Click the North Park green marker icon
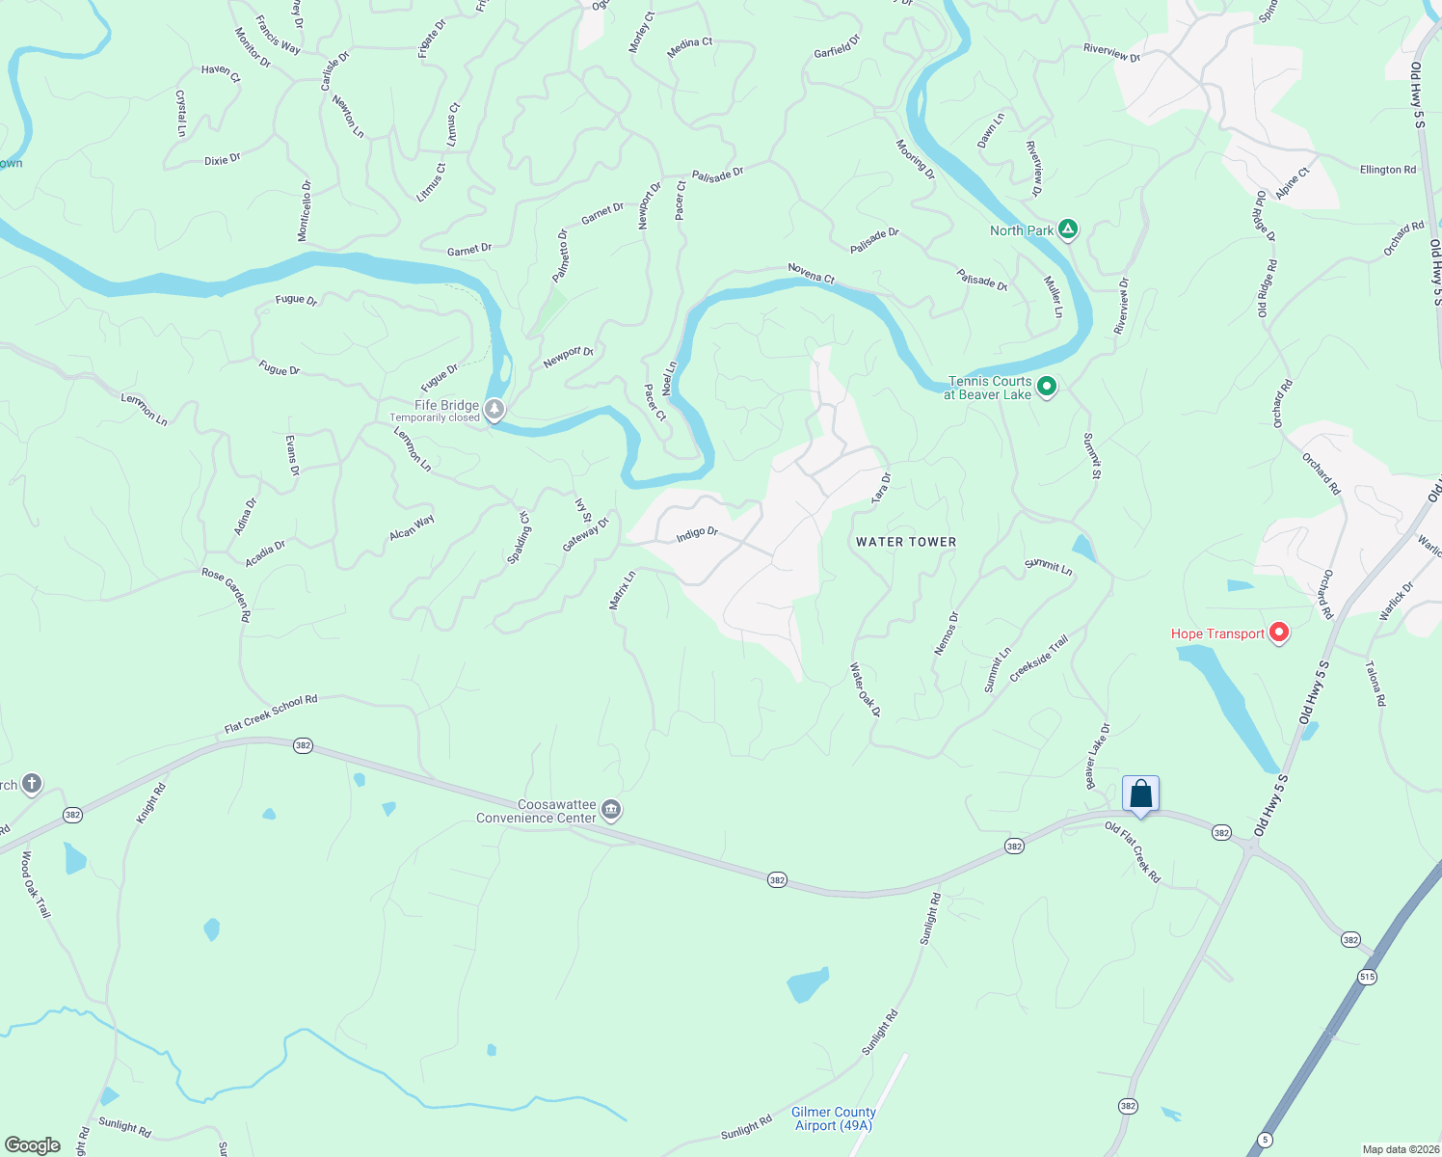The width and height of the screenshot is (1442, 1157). coord(1067,229)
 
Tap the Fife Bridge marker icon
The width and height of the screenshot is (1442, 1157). coord(494,410)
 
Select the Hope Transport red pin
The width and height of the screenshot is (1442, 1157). coord(1279,633)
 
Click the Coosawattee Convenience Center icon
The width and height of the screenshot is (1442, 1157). coord(611,810)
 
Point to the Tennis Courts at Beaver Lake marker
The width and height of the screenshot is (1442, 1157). coord(1047,388)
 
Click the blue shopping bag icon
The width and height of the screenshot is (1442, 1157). coord(1140,794)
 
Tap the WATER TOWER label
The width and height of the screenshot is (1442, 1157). coord(906,542)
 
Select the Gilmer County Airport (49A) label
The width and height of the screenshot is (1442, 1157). coord(833,1118)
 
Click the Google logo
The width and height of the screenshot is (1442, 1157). coord(32,1145)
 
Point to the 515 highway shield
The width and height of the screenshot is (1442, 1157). coord(1367,977)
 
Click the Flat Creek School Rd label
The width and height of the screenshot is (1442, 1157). coord(271,713)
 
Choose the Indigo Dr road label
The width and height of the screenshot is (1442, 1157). coord(697,533)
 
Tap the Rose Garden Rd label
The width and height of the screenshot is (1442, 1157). coord(227,594)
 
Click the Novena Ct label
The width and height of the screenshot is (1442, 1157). coord(811,273)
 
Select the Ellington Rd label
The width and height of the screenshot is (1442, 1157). coord(1387,170)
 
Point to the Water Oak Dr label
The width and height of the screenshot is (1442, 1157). coord(865,689)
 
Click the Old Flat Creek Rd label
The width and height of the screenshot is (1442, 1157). coord(1133,851)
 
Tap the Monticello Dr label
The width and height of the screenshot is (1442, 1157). coord(305,211)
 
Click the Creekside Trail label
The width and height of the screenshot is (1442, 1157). coord(1039,659)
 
